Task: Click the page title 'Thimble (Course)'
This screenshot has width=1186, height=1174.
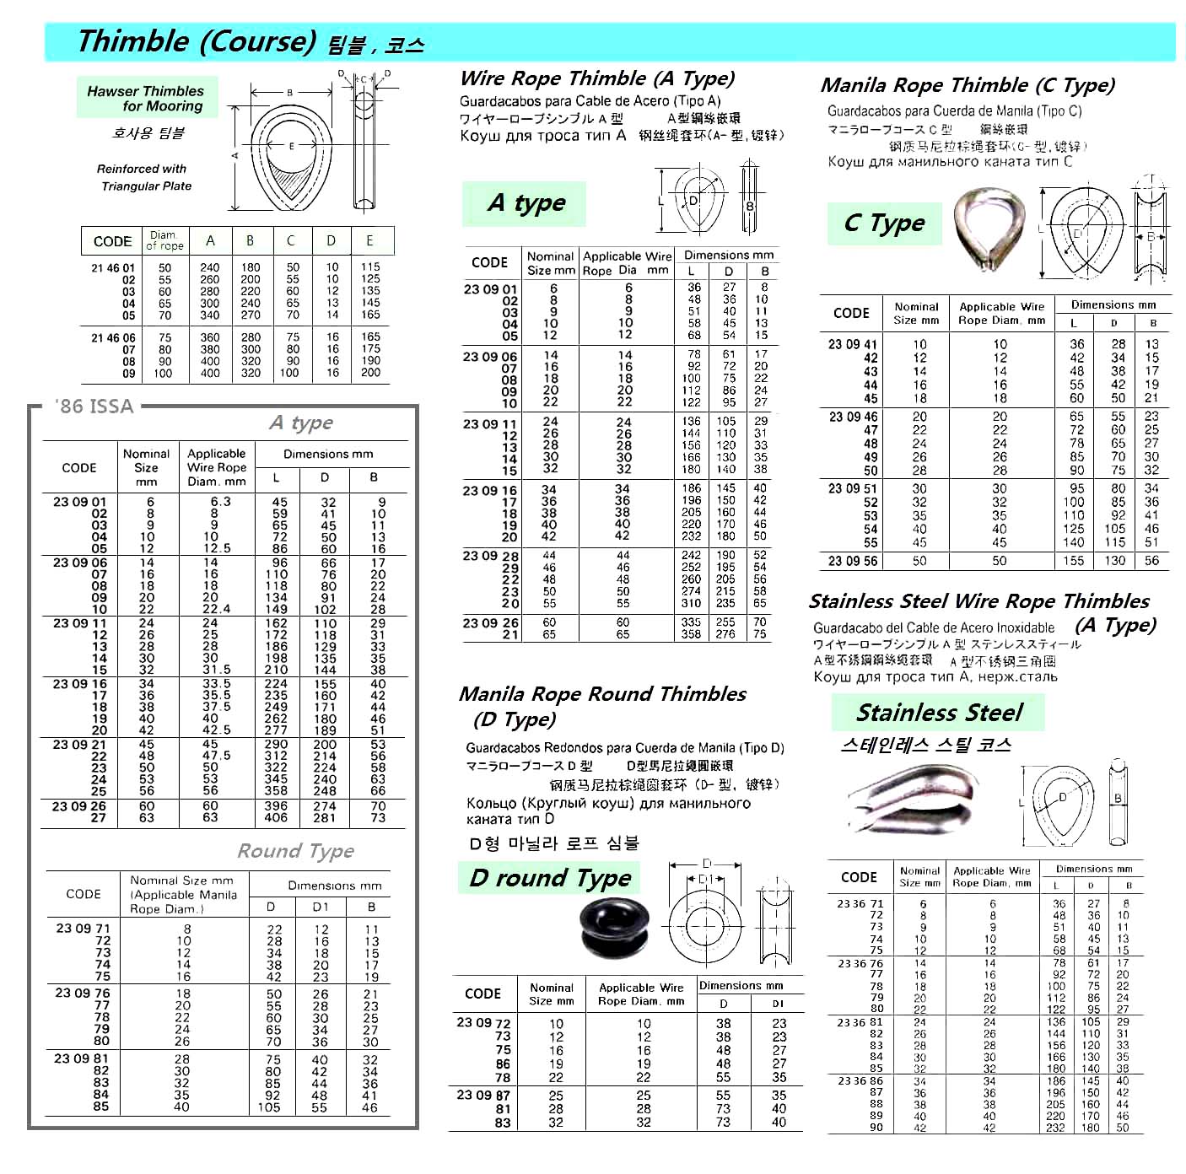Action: (x=196, y=41)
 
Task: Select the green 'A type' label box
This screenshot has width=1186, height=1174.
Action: (x=525, y=203)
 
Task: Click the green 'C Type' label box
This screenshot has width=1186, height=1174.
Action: (x=884, y=223)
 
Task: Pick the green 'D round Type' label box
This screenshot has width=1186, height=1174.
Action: (x=550, y=878)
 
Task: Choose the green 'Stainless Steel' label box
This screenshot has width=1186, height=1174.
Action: (x=938, y=713)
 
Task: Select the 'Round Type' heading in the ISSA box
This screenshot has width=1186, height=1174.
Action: (x=295, y=851)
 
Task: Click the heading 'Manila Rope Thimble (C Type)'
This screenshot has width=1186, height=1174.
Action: (x=968, y=85)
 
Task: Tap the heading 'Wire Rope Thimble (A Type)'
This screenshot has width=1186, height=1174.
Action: (x=597, y=78)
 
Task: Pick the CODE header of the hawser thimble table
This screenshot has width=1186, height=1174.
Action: (x=112, y=241)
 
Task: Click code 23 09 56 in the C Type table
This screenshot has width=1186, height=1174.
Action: (x=852, y=561)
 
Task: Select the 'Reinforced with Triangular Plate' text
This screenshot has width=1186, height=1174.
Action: (x=144, y=177)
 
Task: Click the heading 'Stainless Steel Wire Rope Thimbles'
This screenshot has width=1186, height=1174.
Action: (x=978, y=601)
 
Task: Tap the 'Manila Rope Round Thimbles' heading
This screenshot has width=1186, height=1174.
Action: (x=602, y=694)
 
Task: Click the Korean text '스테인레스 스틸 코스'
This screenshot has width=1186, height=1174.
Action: (x=925, y=746)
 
